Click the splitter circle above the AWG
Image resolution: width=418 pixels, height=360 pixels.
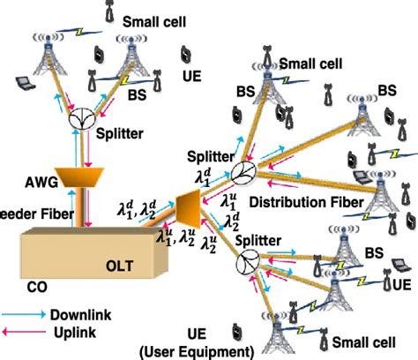(80, 118)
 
